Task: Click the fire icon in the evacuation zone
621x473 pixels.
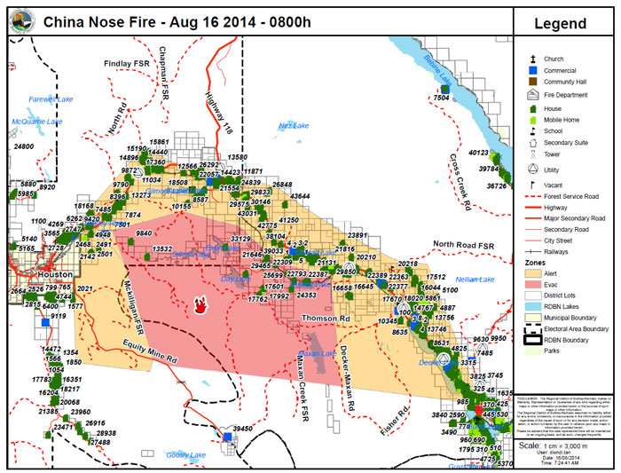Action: click(202, 304)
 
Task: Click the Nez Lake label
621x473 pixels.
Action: click(294, 126)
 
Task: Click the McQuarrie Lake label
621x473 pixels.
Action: click(37, 122)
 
